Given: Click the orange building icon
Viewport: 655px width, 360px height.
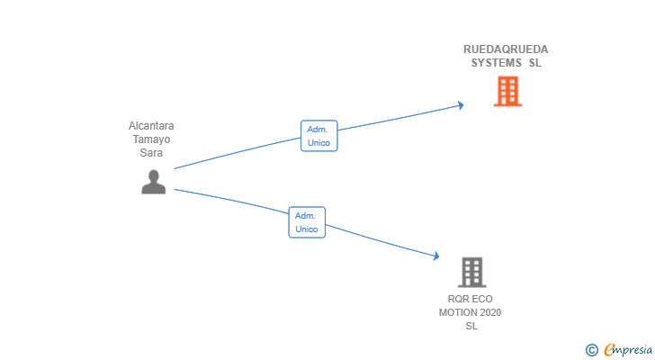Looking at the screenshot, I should pos(507,91).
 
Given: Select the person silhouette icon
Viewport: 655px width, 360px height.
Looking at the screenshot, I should pos(154,182).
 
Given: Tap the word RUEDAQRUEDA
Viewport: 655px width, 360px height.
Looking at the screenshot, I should pos(506,49).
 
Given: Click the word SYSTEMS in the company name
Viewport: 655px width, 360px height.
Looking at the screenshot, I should pos(496,63).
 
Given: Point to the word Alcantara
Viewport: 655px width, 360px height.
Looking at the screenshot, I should pos(151,126).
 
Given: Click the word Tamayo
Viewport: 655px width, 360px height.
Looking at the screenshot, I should pos(151,139).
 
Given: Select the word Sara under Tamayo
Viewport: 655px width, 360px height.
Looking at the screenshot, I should pos(151,153).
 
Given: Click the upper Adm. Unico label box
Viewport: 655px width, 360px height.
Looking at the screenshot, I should pos(319,136).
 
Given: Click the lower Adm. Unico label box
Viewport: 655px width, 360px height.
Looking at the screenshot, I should pos(307,222).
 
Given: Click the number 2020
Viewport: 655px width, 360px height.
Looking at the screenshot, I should pos(490,312).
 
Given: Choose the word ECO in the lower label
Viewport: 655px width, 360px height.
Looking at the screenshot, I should pos(481,299).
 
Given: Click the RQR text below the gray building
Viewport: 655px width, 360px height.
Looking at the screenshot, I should pos(459,299).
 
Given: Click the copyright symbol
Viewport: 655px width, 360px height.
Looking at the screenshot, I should pos(591,349).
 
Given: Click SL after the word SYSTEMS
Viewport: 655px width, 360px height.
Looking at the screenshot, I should pos(535,63).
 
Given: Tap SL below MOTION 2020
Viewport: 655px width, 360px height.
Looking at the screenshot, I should pos(471,326).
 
